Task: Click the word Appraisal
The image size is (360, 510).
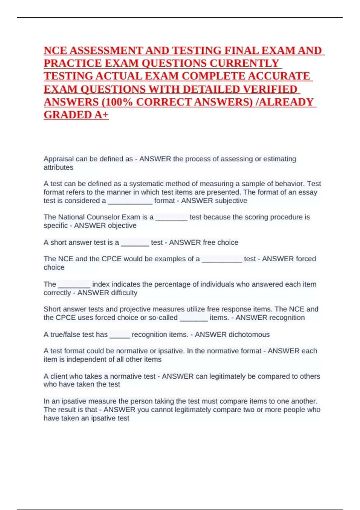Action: pos(58,159)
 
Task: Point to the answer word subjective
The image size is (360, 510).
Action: pos(230,201)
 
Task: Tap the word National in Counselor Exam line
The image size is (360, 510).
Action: pos(71,217)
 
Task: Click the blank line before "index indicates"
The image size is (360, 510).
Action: pos(74,285)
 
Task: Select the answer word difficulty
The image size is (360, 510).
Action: pos(122,293)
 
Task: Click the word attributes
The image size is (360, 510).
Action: pos(58,167)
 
